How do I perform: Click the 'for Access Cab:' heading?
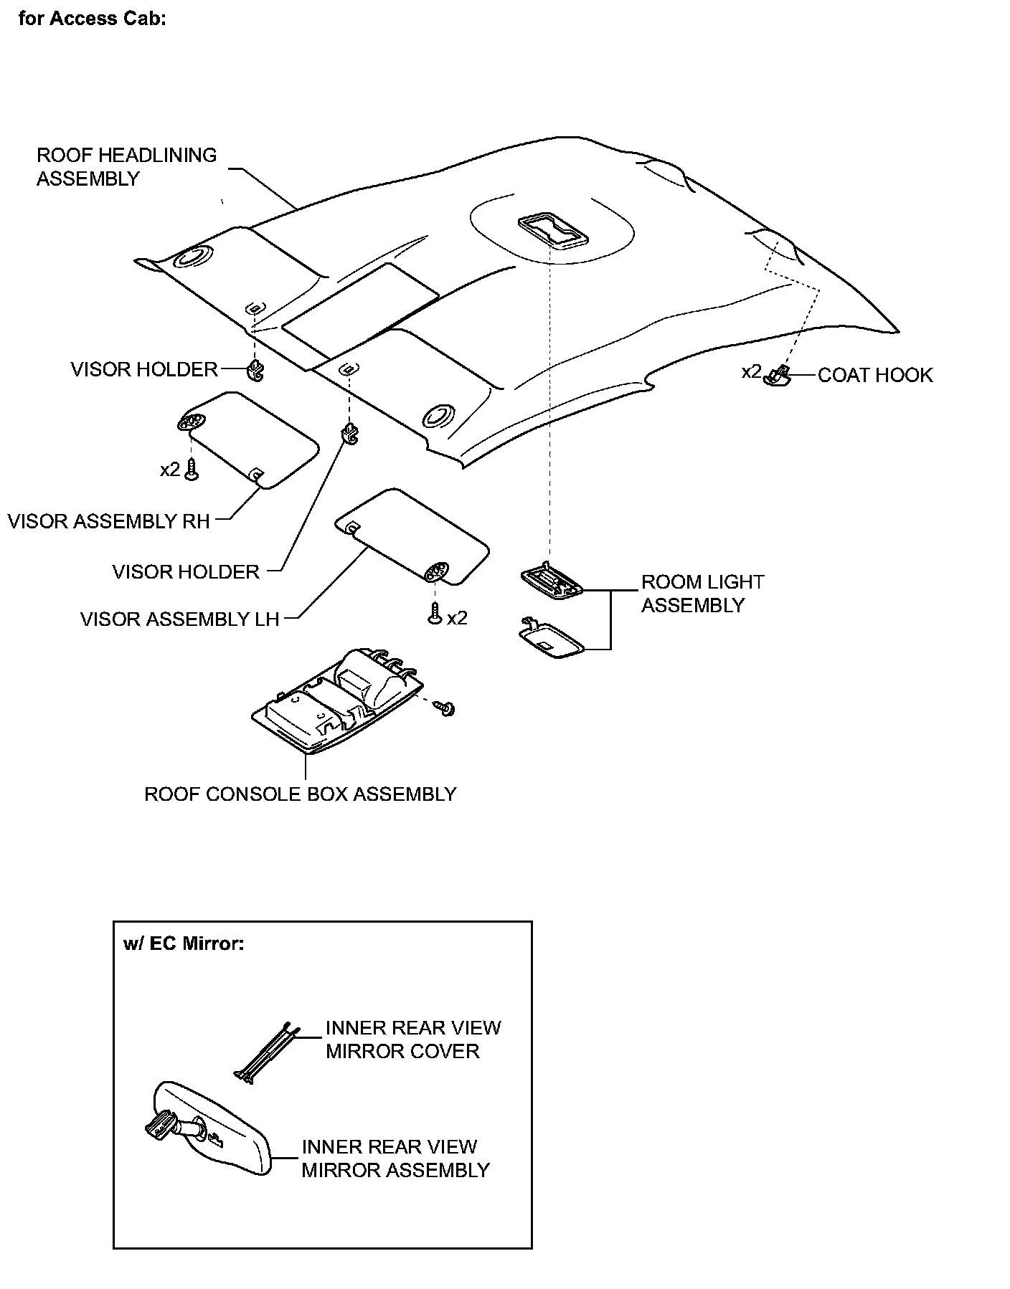[x=93, y=19]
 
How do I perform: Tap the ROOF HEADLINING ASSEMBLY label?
[x=126, y=167]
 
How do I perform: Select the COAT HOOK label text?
[x=875, y=376]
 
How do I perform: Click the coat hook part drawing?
[x=778, y=375]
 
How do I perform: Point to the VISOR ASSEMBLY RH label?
[x=109, y=521]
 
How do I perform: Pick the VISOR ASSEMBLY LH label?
[x=179, y=619]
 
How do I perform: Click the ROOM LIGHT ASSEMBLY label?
[x=702, y=594]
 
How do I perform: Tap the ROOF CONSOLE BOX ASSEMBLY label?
[x=301, y=794]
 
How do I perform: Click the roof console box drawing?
[x=334, y=707]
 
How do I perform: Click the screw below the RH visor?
[x=192, y=470]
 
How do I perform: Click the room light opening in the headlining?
[x=551, y=230]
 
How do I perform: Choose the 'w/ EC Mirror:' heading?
[x=184, y=943]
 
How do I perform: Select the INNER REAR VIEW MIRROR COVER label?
[x=412, y=1040]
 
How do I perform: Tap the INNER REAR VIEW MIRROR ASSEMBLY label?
[x=395, y=1159]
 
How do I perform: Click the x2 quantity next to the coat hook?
[x=750, y=372]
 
